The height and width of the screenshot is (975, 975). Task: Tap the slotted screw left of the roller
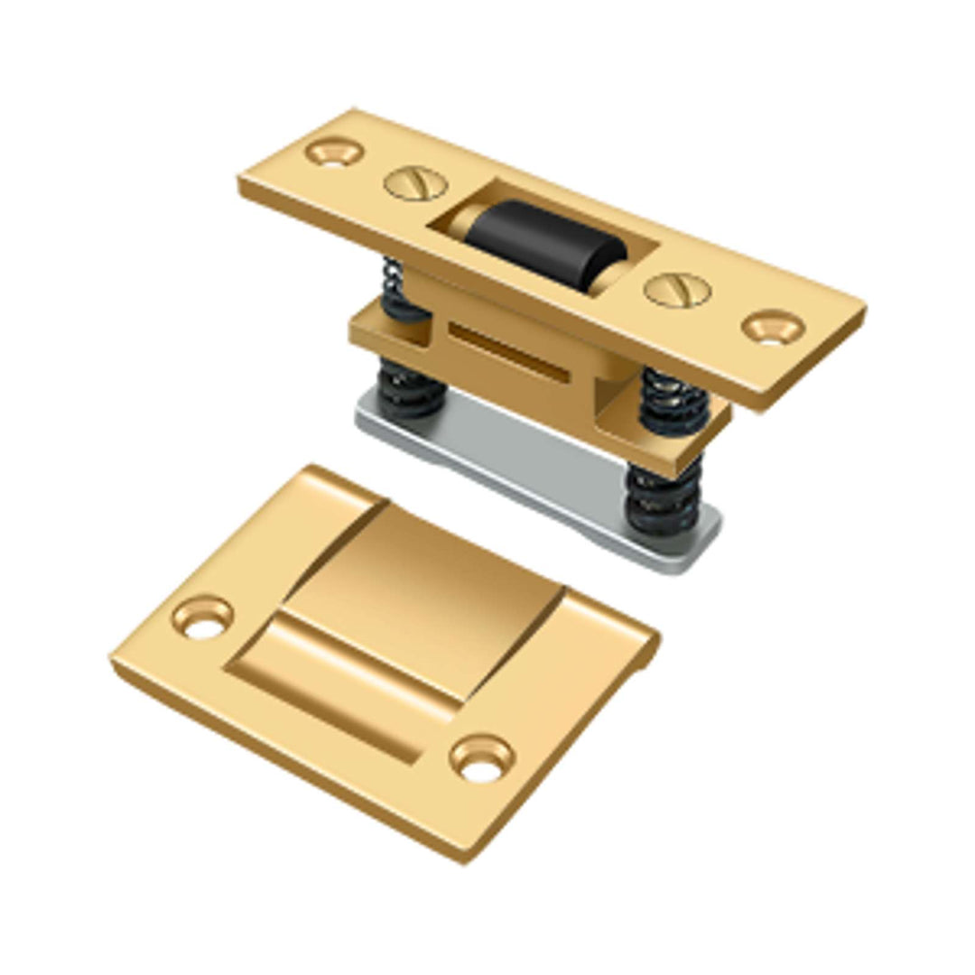[x=415, y=184]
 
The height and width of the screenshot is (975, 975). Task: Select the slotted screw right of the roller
[x=676, y=290]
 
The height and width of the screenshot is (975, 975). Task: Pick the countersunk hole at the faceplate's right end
[x=773, y=327]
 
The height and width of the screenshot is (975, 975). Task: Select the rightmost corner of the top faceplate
[x=865, y=311]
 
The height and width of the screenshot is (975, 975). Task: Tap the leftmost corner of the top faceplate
[x=240, y=181]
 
